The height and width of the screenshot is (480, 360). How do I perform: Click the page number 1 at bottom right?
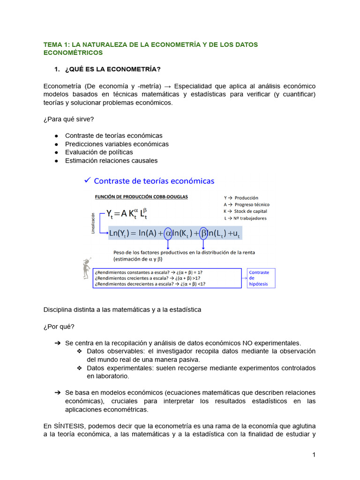click(314, 455)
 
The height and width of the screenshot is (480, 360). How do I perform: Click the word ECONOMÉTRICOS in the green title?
click(73, 53)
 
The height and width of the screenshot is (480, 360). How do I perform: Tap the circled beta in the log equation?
click(203, 232)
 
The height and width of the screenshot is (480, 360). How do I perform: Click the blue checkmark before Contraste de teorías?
click(86, 180)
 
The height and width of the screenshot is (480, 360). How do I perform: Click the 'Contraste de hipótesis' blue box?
click(261, 278)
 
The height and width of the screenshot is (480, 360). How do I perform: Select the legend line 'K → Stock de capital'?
click(247, 211)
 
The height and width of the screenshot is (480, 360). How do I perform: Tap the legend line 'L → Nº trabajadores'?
click(246, 218)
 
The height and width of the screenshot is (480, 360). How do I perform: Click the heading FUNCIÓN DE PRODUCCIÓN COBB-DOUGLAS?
click(142, 197)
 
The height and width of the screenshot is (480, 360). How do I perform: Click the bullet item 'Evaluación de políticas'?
click(99, 152)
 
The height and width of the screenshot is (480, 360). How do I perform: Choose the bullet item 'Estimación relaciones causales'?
click(111, 161)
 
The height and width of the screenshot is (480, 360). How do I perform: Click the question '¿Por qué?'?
click(59, 327)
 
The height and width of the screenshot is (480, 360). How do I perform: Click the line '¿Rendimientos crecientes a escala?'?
click(149, 278)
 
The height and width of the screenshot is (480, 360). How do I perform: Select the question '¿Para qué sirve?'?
click(68, 119)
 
